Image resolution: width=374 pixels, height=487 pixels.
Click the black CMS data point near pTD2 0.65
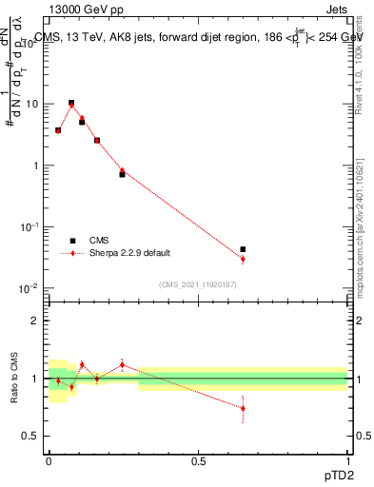[x=243, y=249]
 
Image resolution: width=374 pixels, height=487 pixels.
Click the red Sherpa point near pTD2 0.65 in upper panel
[x=243, y=259]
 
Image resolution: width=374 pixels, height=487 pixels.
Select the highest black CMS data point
[x=71, y=103]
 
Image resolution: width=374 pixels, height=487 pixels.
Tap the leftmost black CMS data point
[x=58, y=130]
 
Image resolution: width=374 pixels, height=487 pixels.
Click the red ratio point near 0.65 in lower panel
[x=243, y=408]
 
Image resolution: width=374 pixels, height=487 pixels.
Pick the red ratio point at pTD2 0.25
[x=122, y=364]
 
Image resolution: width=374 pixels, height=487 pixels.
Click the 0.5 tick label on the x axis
[x=198, y=458]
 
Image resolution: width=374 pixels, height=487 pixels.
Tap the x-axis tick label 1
[x=348, y=458]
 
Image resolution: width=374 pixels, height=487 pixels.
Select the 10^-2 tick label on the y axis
[x=32, y=288]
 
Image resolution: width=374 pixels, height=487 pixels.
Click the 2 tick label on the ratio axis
[x=38, y=321]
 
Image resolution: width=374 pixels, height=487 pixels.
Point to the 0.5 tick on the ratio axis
[x=34, y=436]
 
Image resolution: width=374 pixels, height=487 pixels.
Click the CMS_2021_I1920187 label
[x=198, y=284]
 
